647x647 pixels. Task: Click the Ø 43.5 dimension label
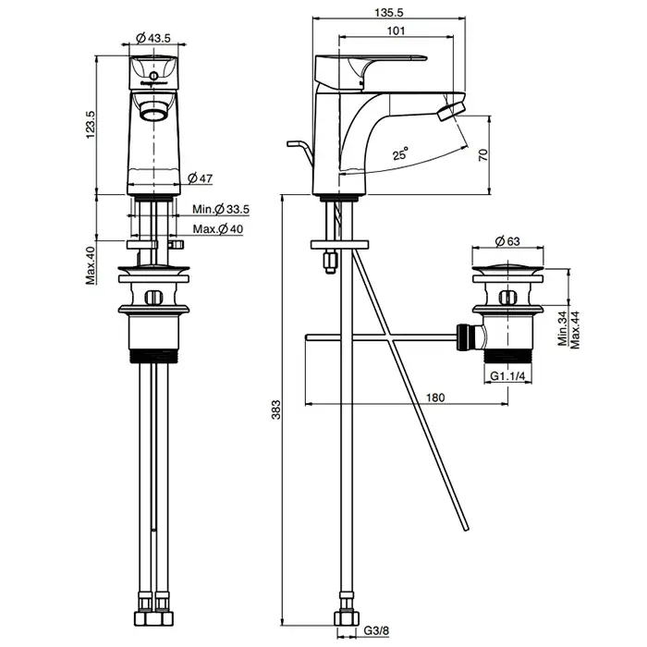(153, 38)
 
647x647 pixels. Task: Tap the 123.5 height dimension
(91, 126)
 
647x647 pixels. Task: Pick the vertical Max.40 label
(91, 264)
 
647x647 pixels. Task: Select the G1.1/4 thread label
(507, 376)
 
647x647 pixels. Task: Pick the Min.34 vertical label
(563, 328)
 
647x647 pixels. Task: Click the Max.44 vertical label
(575, 328)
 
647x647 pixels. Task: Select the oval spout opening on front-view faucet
(153, 112)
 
